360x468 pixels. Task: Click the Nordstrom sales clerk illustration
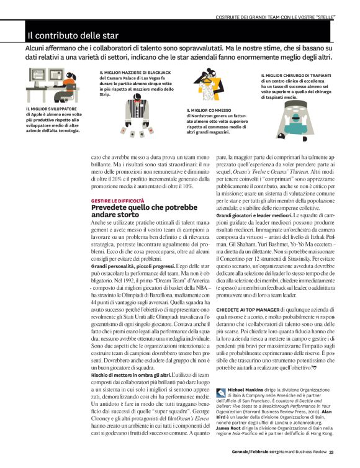(x=212, y=84)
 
